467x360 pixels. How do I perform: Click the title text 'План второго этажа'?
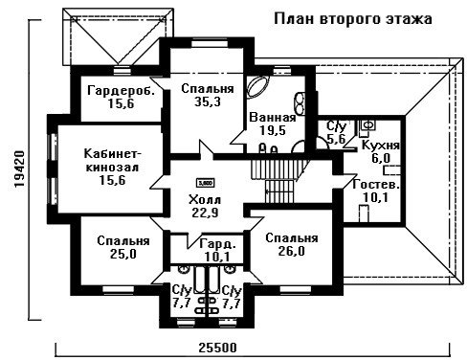click(x=353, y=19)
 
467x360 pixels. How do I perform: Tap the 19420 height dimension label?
click(x=19, y=169)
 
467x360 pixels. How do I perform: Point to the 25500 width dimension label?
click(x=218, y=348)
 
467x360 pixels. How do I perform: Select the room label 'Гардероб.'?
click(x=122, y=90)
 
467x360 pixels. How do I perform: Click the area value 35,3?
click(x=208, y=101)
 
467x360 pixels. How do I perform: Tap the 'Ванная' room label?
click(x=273, y=118)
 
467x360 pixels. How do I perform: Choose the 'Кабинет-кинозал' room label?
click(x=112, y=160)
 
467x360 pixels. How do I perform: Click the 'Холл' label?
click(x=205, y=200)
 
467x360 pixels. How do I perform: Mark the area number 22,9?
click(x=205, y=213)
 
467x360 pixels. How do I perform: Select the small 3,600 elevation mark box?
click(x=205, y=183)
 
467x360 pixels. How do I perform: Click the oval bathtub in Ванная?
click(x=258, y=87)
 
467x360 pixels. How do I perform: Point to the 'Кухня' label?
click(x=380, y=146)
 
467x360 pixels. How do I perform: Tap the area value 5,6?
click(x=336, y=139)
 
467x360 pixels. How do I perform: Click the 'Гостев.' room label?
click(x=376, y=185)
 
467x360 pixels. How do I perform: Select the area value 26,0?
click(x=291, y=251)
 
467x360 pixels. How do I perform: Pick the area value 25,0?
click(x=123, y=254)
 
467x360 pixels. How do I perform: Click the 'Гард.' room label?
click(x=218, y=245)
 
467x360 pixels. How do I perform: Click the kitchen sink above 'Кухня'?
click(x=368, y=125)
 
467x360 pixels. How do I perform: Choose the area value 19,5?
click(x=273, y=130)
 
